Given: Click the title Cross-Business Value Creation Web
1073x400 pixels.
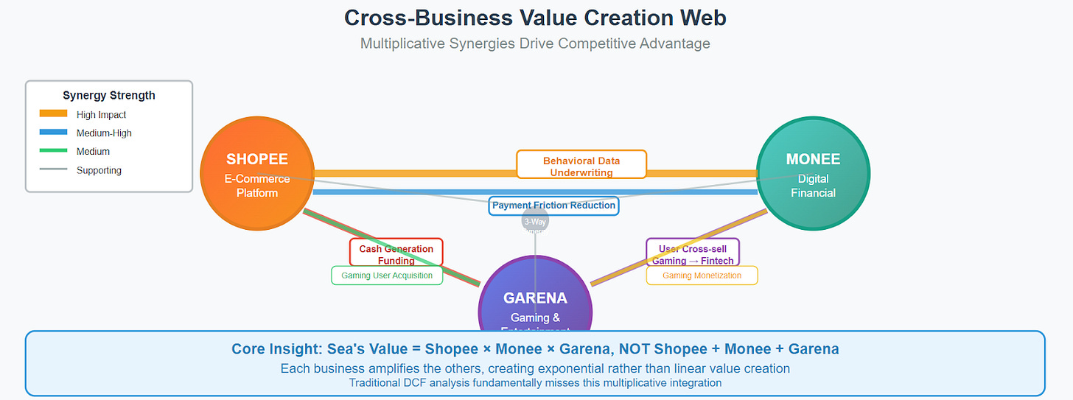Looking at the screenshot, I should pyautogui.click(x=536, y=18).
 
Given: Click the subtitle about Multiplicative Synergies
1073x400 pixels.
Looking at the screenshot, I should pyautogui.click(x=535, y=43).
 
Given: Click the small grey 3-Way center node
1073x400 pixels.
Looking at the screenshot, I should pyautogui.click(x=535, y=222).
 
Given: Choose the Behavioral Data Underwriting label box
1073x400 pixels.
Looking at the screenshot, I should pyautogui.click(x=581, y=165).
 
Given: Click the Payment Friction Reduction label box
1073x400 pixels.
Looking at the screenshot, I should pyautogui.click(x=553, y=206).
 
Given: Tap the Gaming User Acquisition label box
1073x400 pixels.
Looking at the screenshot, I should pyautogui.click(x=387, y=276).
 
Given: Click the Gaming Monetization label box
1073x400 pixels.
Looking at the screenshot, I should pyautogui.click(x=702, y=276).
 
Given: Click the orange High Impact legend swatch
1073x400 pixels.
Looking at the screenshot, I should pyautogui.click(x=53, y=114).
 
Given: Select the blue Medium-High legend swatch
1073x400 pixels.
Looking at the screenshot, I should pyautogui.click(x=53, y=133).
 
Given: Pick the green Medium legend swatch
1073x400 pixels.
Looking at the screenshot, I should pyautogui.click(x=53, y=151).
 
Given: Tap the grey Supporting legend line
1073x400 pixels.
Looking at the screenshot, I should pyautogui.click(x=53, y=169).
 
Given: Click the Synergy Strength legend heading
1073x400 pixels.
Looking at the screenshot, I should pyautogui.click(x=108, y=95).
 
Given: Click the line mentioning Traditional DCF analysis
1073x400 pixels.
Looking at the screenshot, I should pyautogui.click(x=535, y=382).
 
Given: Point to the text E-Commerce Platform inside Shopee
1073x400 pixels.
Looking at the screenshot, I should pyautogui.click(x=257, y=186).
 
